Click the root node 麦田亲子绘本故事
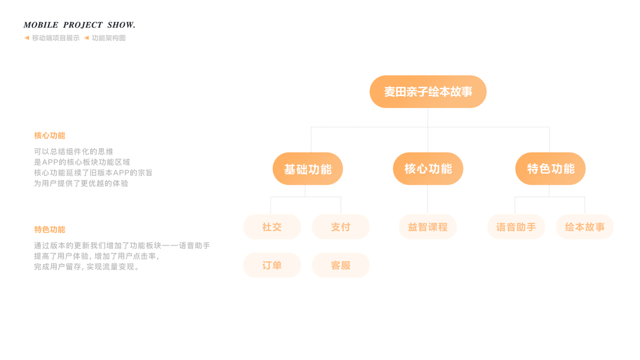(428, 92)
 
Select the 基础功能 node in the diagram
(308, 169)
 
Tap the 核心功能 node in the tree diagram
(428, 169)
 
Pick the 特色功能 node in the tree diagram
(550, 169)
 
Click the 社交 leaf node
(272, 227)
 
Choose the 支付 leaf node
(341, 227)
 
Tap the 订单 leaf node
(272, 265)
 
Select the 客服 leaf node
(341, 265)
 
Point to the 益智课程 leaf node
(428, 227)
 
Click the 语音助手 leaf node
(516, 227)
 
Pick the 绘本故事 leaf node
(585, 227)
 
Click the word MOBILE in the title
(41, 25)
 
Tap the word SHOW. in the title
(121, 25)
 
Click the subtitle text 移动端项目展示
(56, 38)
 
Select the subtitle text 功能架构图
(109, 38)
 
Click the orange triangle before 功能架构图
(86, 38)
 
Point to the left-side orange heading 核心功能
(50, 136)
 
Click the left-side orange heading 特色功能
(50, 229)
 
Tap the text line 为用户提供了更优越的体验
(81, 184)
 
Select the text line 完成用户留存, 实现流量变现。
(88, 267)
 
